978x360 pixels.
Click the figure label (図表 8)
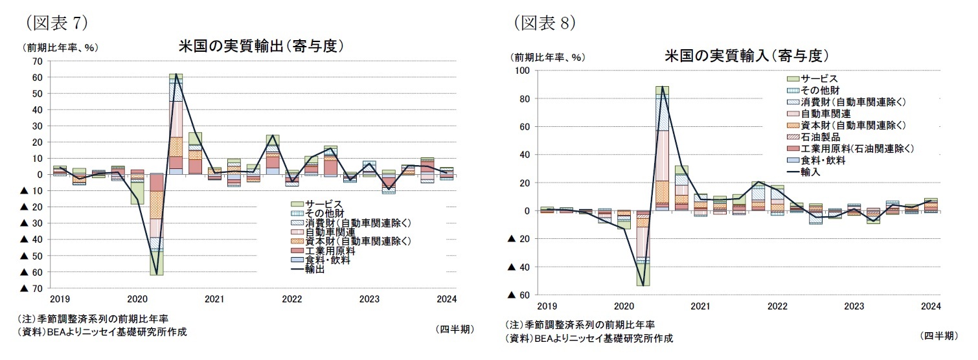click(x=545, y=23)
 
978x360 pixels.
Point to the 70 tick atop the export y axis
click(x=37, y=61)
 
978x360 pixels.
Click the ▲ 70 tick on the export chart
click(x=32, y=288)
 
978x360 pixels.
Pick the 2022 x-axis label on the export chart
click(x=291, y=299)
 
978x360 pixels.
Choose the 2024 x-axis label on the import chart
click(x=930, y=306)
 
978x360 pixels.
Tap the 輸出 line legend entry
click(x=312, y=269)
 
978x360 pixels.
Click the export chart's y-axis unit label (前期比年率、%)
click(x=63, y=47)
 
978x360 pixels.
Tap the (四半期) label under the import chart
click(x=938, y=335)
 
